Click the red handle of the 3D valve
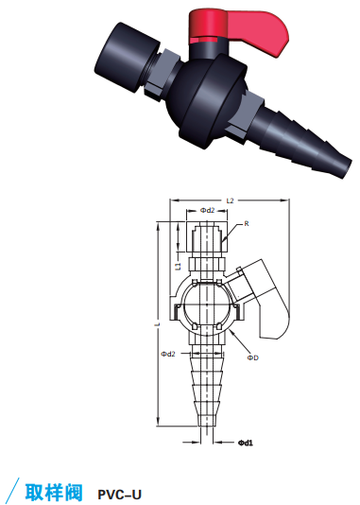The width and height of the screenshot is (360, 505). pos(245,30)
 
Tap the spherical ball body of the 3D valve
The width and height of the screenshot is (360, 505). pos(206,100)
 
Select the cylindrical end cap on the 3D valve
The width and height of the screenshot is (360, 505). pos(126,57)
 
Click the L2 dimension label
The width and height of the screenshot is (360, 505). pos(230,200)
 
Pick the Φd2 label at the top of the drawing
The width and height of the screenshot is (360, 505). pos(207,210)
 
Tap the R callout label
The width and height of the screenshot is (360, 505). pos(247,223)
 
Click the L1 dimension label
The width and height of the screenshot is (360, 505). pos(179,266)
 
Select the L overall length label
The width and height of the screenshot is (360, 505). pos(157,324)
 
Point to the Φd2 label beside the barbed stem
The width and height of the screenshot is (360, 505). pos(168,354)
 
